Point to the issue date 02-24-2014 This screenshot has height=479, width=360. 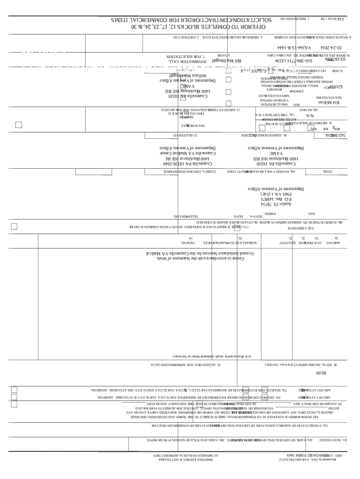click(331, 48)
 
